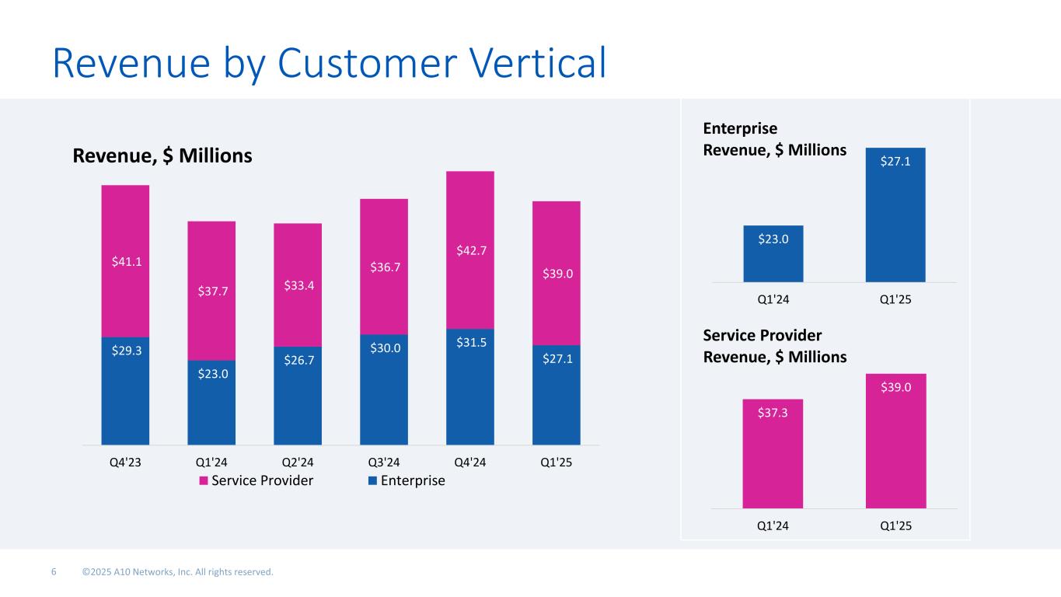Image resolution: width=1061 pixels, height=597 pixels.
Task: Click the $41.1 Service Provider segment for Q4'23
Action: pos(125,261)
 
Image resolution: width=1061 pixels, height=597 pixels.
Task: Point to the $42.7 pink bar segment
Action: pos(470,250)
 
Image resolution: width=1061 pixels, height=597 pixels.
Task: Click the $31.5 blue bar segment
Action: pos(470,386)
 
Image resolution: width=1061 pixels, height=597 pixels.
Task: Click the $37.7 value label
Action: pos(211,292)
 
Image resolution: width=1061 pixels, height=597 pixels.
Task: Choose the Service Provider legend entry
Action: pos(257,480)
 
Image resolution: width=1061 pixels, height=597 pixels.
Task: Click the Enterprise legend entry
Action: pos(407,480)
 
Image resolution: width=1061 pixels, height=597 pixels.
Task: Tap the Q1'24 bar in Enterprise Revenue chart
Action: pos(773,253)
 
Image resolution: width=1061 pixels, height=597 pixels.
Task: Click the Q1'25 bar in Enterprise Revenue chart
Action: pos(895,215)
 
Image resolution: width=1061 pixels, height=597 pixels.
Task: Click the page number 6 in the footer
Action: pos(54,573)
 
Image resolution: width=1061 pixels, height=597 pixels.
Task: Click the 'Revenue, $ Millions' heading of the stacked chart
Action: pos(162,156)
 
